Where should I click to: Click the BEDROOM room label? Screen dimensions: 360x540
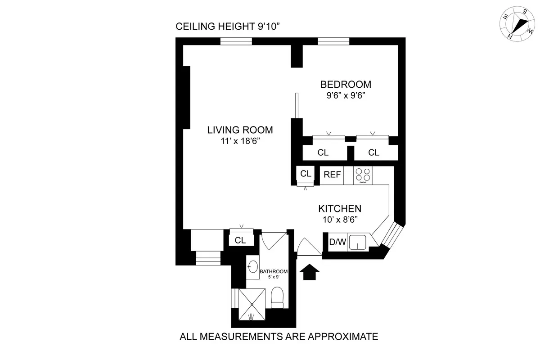pyautogui.click(x=346, y=84)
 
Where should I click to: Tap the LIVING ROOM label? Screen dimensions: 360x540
pyautogui.click(x=240, y=130)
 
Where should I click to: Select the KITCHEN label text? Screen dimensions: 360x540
pyautogui.click(x=340, y=209)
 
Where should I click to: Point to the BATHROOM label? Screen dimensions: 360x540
pyautogui.click(x=273, y=271)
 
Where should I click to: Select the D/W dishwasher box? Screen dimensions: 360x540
pyautogui.click(x=337, y=243)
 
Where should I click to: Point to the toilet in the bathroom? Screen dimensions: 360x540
pyautogui.click(x=277, y=298)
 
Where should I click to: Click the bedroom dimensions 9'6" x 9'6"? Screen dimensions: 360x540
pyautogui.click(x=346, y=95)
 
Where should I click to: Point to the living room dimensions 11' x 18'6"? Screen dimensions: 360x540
pyautogui.click(x=240, y=141)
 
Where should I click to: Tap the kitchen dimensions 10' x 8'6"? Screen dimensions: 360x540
pyautogui.click(x=340, y=220)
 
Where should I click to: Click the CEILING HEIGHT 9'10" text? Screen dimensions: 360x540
pyautogui.click(x=228, y=27)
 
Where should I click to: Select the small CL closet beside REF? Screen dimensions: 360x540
pyautogui.click(x=306, y=174)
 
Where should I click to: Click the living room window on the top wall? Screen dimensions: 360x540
pyautogui.click(x=236, y=41)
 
